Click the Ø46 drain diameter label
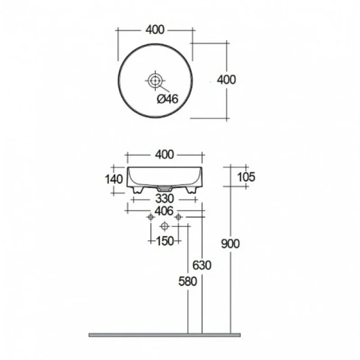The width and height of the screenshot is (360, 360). click(x=167, y=100)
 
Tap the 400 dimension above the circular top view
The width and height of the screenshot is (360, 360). click(x=155, y=29)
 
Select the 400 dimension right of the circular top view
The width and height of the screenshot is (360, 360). click(x=226, y=80)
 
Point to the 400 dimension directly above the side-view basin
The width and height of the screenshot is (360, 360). click(x=164, y=154)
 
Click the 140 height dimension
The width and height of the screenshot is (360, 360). click(x=114, y=179)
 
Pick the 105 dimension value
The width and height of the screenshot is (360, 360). click(x=246, y=176)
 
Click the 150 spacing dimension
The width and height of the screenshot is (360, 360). click(x=164, y=241)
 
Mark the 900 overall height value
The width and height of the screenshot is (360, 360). click(x=230, y=243)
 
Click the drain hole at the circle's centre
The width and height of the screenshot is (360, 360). click(x=155, y=79)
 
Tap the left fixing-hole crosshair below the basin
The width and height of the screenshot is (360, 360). click(x=150, y=217)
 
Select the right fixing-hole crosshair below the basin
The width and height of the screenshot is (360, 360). click(x=178, y=217)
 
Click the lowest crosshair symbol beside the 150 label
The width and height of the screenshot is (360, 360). click(x=164, y=226)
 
